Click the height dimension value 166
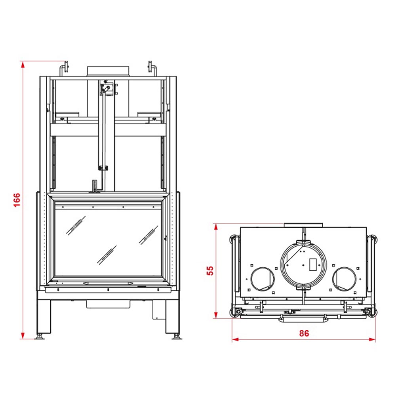click(x=17, y=200)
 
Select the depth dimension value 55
click(x=210, y=271)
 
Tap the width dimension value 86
click(x=304, y=333)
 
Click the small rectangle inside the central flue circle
click(x=313, y=265)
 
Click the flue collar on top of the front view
click(x=108, y=71)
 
